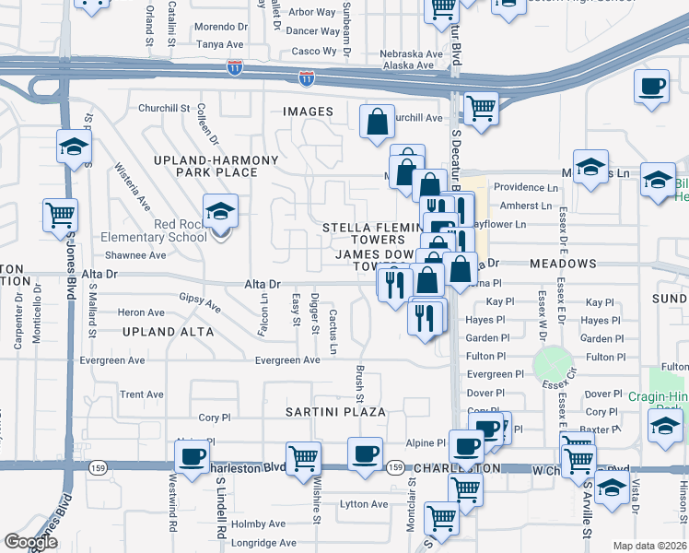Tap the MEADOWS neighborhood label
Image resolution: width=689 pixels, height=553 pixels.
click(x=564, y=264)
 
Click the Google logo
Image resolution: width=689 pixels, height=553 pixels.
click(x=31, y=542)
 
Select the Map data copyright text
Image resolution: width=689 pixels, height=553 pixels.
click(x=650, y=546)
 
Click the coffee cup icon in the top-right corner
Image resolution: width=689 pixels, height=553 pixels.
click(x=651, y=87)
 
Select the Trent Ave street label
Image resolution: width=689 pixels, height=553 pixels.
click(x=142, y=394)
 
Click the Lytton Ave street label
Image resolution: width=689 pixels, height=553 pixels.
click(x=365, y=504)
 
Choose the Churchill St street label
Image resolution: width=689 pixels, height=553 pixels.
click(x=163, y=108)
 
